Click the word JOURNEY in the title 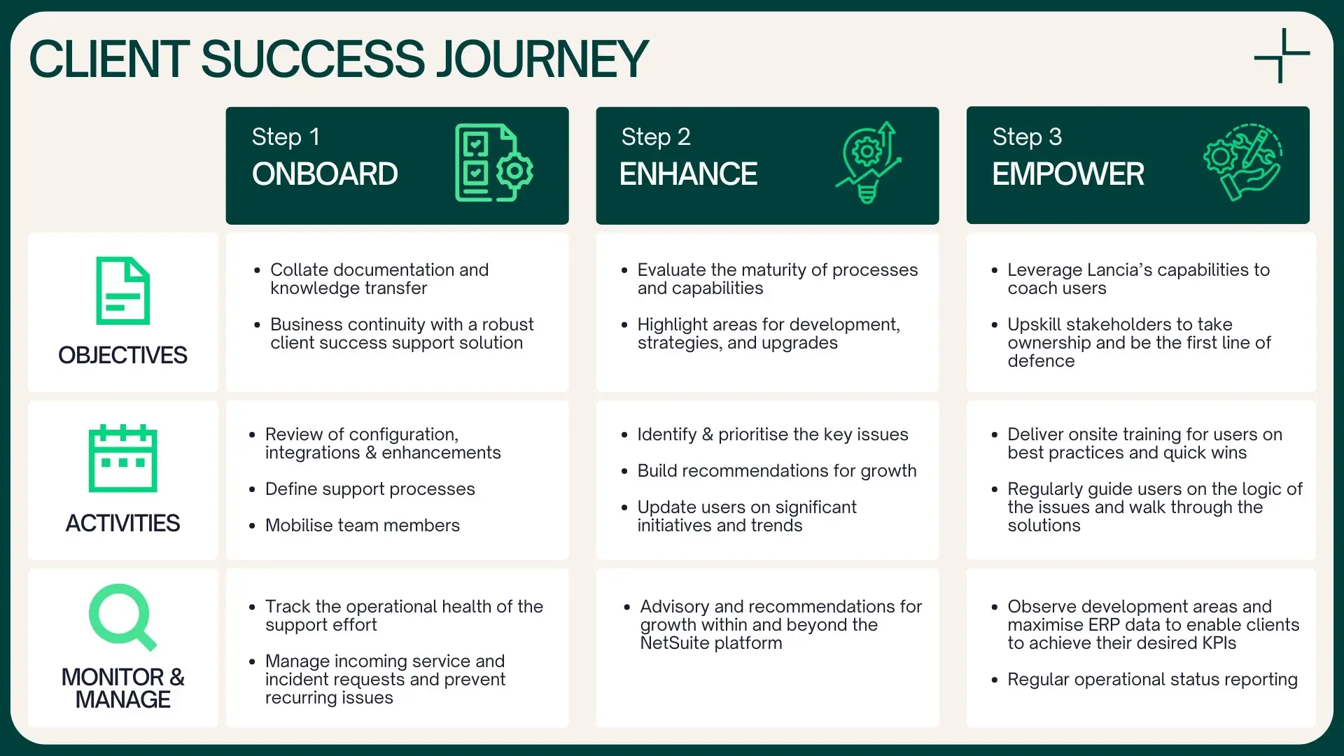(x=542, y=59)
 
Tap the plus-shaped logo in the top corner (x=1282, y=55)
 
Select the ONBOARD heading (x=325, y=174)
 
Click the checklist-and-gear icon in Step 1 (x=493, y=162)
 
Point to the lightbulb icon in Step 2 (x=868, y=162)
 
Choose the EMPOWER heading (x=1068, y=174)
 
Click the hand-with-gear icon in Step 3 (x=1242, y=162)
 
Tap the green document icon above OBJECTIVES (x=123, y=290)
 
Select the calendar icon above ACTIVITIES (x=123, y=458)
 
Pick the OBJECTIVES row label (x=122, y=355)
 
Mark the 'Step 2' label (x=656, y=137)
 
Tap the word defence (x=1041, y=361)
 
